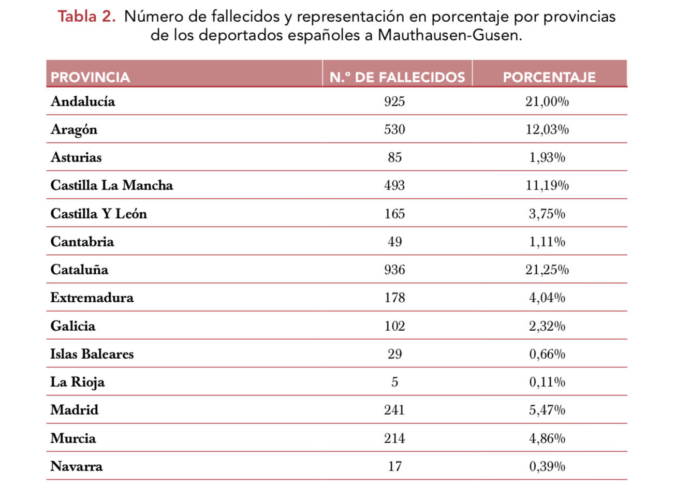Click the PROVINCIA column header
[x=90, y=77]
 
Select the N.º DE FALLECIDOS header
[x=397, y=77]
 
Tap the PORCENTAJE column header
[x=549, y=77]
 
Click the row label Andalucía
[x=83, y=101]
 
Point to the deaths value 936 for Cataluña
[x=394, y=270]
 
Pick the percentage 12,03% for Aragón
[x=547, y=129]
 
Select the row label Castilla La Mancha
[x=112, y=185]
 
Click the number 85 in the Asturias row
[x=394, y=157]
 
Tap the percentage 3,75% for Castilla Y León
[x=547, y=214]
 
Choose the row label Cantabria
[x=82, y=242]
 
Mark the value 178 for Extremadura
[x=394, y=298]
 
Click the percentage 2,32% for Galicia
[x=547, y=326]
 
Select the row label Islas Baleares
[x=92, y=354]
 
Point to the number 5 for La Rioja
[x=394, y=382]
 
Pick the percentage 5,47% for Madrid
[x=547, y=410]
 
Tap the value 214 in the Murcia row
[x=394, y=438]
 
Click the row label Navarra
[x=77, y=466]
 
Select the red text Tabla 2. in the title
[x=86, y=17]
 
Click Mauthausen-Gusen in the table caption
[x=449, y=35]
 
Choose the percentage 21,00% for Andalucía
[x=547, y=101]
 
